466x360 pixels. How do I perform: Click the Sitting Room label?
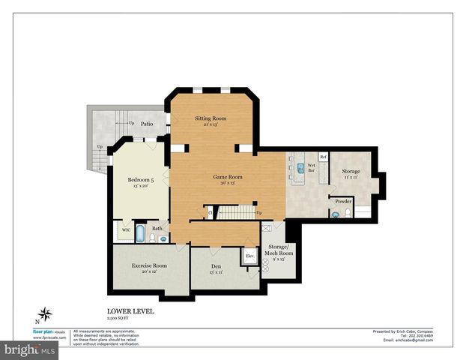pos(211,118)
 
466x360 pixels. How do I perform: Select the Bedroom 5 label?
pos(140,180)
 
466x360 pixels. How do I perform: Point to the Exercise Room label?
pos(149,265)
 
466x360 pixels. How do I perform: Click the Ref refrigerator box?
pos(323,157)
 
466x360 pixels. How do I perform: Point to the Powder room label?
pos(343,201)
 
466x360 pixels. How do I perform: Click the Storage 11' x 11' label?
pos(351,172)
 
